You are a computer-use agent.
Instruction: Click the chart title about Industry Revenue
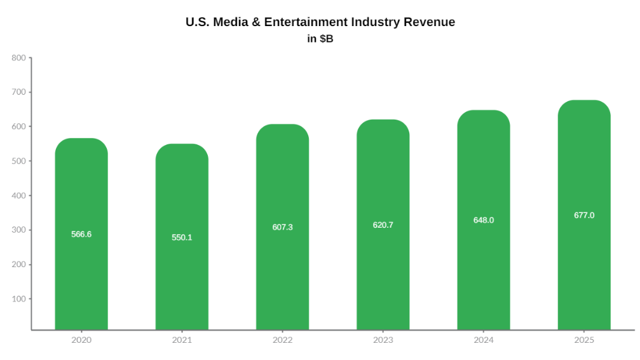coord(320,22)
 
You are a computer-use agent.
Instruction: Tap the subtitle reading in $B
coord(320,39)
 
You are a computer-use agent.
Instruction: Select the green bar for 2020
coord(81,280)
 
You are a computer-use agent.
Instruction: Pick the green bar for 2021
coord(182,286)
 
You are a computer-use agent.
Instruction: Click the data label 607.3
coord(282,227)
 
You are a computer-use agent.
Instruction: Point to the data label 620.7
coord(383,225)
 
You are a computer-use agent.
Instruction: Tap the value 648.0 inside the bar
coord(484,220)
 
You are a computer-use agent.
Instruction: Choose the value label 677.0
coord(584,215)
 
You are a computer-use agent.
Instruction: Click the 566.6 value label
coord(81,234)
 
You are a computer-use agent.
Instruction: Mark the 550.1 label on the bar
coord(182,237)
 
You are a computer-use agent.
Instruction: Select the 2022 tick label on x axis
coord(282,340)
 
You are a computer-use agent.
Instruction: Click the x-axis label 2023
coord(383,340)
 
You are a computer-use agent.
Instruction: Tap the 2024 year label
coord(484,340)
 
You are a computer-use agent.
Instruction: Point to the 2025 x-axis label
coord(584,340)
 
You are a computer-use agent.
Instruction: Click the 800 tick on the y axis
coord(18,58)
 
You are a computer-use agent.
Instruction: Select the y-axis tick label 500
coord(18,161)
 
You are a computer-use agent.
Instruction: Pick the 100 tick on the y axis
coord(18,299)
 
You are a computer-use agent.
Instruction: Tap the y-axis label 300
coord(18,230)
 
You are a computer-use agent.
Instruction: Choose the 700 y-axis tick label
coord(18,92)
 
